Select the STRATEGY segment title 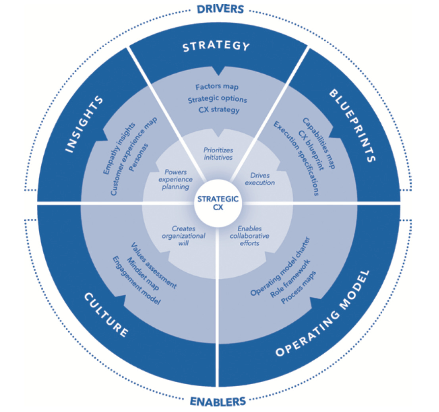click(216, 47)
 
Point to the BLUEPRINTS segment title click(353, 126)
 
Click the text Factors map click(217, 87)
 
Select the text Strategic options click(218, 98)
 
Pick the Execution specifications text click(296, 159)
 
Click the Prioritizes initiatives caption click(218, 154)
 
